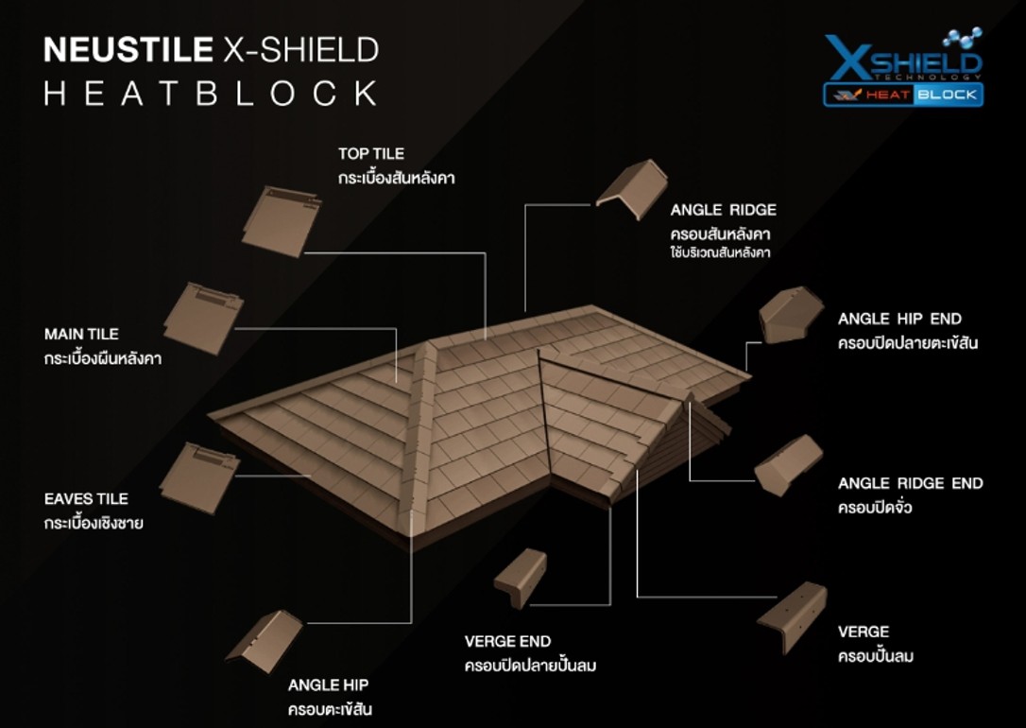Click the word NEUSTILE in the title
pos(128,50)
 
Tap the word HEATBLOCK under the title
pos(211,93)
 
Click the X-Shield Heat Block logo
pos(903,67)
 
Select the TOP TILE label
pos(371,154)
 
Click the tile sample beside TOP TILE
pos(282,221)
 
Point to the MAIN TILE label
pos(82,335)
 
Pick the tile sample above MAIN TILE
pos(203,319)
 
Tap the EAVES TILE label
pos(86,499)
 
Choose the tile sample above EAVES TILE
pos(199,477)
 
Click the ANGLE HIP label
pos(329,685)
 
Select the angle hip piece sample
pos(265,641)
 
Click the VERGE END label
pos(507,642)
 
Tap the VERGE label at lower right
pos(864,632)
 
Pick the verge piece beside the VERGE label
pos(793,616)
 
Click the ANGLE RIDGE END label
pos(910,484)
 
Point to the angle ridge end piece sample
pos(788,465)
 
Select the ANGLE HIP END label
pos(899,319)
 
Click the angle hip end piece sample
pos(791,315)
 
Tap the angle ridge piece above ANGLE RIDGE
pos(631,189)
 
